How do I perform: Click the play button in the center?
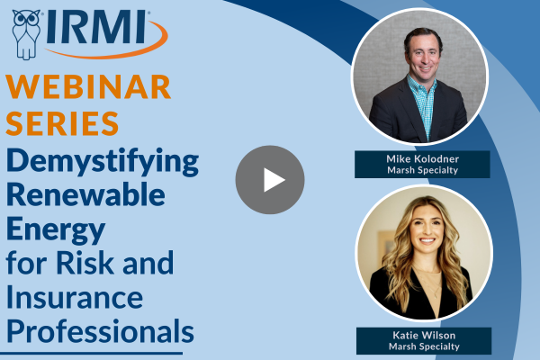pyautogui.click(x=270, y=180)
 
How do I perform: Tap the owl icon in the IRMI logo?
pyautogui.click(x=26, y=34)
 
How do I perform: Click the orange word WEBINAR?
pyautogui.click(x=88, y=86)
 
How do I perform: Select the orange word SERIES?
pyautogui.click(x=62, y=123)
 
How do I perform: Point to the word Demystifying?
pyautogui.click(x=103, y=162)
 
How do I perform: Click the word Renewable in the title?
pyautogui.click(x=85, y=194)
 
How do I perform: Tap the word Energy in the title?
pyautogui.click(x=56, y=229)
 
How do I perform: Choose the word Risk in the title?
pyautogui.click(x=85, y=263)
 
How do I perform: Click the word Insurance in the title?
pyautogui.click(x=75, y=297)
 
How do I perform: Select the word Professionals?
pyautogui.click(x=100, y=331)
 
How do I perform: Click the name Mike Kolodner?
pyautogui.click(x=423, y=158)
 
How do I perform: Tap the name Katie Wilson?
pyautogui.click(x=424, y=335)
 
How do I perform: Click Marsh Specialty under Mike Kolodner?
pyautogui.click(x=423, y=170)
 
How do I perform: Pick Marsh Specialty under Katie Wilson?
pyautogui.click(x=424, y=346)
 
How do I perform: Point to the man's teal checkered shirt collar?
pyautogui.click(x=421, y=86)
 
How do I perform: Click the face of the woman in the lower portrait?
pyautogui.click(x=427, y=230)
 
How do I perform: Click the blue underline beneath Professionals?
pyautogui.click(x=91, y=353)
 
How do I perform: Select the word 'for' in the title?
pyautogui.click(x=25, y=263)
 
